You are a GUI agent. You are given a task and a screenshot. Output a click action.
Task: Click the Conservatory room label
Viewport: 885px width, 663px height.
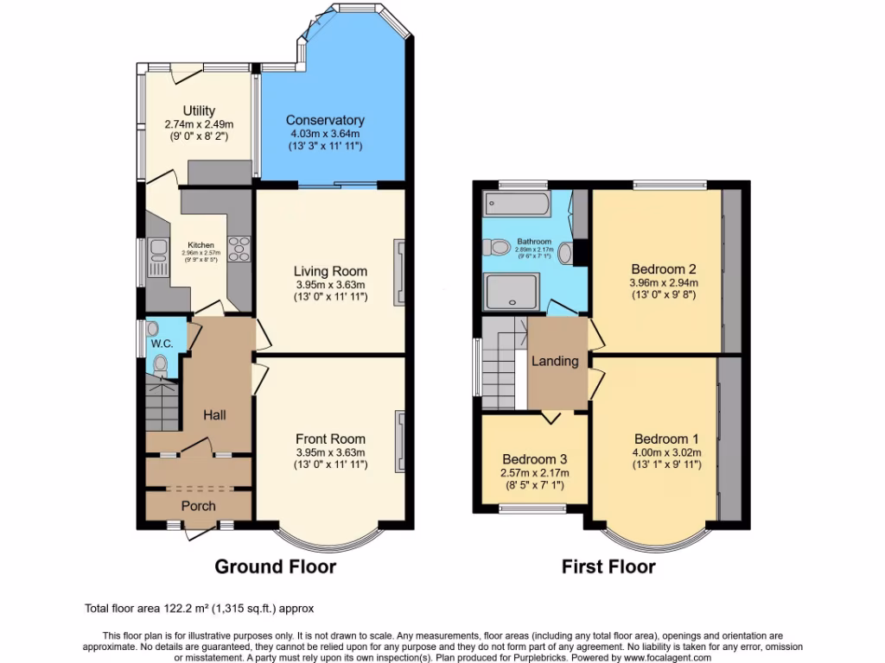click(325, 120)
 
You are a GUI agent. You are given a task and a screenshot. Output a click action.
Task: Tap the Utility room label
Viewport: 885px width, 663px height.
click(198, 110)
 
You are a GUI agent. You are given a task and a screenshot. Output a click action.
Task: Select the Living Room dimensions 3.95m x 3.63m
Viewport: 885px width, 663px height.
click(330, 285)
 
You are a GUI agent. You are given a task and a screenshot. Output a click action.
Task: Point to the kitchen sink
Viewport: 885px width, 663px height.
click(158, 251)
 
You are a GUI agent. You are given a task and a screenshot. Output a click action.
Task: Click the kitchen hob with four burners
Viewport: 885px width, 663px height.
click(239, 248)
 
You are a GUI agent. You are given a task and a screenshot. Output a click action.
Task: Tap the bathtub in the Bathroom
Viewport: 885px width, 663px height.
click(517, 204)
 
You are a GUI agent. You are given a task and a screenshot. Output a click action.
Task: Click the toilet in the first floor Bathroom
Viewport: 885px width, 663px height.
click(498, 248)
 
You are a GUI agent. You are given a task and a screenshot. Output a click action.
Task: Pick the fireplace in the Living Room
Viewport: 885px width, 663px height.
click(400, 272)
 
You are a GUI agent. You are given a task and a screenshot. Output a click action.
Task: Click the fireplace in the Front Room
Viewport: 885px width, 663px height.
click(400, 441)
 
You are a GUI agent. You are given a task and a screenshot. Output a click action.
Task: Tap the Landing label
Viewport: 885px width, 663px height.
click(555, 361)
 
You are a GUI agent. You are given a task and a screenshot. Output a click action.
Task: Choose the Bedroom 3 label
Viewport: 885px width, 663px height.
click(535, 459)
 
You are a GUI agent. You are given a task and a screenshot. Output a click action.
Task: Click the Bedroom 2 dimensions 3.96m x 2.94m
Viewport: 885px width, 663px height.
click(664, 282)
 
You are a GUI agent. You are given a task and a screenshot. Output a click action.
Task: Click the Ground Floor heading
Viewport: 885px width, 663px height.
click(275, 567)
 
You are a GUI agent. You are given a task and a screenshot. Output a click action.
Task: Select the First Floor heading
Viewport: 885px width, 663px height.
click(608, 567)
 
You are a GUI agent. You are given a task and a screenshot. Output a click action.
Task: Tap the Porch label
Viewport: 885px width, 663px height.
click(198, 506)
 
